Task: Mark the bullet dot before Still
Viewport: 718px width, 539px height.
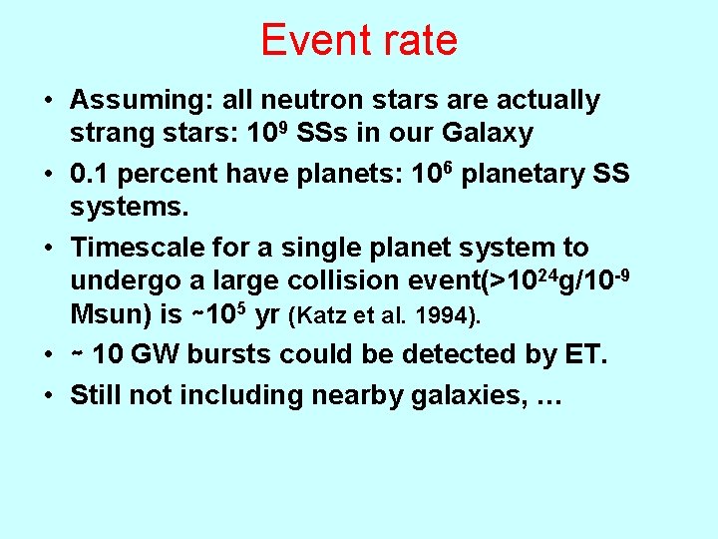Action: (49, 395)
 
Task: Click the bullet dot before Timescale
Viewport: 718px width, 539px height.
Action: (49, 248)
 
